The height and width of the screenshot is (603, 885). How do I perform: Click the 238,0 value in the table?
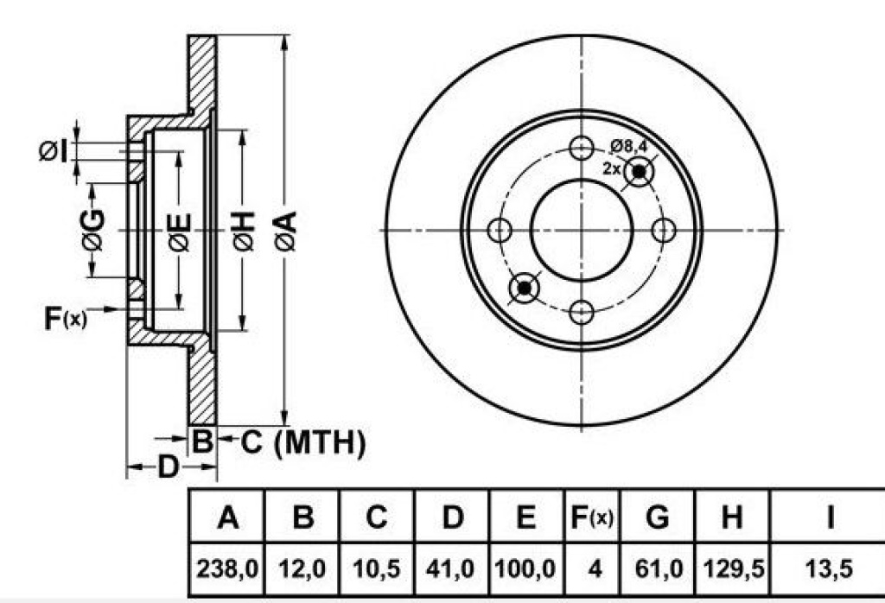coord(227,568)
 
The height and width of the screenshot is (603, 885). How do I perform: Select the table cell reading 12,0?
coord(302,568)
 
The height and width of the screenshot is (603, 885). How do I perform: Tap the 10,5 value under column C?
coord(377,568)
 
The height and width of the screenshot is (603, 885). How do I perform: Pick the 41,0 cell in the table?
coord(452,568)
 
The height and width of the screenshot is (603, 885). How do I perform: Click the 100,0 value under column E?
coord(525,568)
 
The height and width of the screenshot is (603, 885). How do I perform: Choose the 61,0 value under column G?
coord(659,568)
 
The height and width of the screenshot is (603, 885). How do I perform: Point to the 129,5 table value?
coord(732,568)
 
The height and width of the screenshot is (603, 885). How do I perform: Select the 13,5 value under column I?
coord(829,568)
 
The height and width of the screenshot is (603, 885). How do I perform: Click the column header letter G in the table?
coord(659,517)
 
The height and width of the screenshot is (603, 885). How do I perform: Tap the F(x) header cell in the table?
coord(591,517)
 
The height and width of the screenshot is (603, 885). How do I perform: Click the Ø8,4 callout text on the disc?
coord(628,144)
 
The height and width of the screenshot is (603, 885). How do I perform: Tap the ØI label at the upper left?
coord(53,152)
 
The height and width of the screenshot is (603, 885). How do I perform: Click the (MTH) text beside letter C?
coord(321,443)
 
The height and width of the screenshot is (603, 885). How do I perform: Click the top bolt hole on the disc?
coord(582,147)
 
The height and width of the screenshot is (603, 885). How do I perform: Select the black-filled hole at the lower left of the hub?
coord(524,287)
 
